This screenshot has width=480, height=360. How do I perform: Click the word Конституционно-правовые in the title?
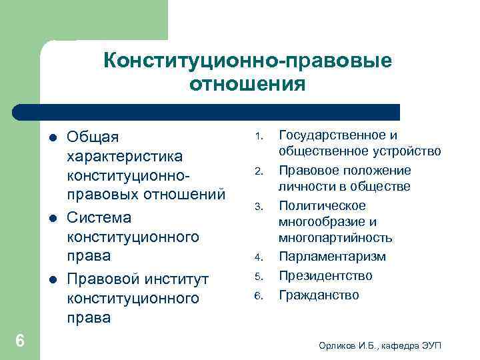coord(247,61)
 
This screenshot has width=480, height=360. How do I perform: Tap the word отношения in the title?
coord(247,85)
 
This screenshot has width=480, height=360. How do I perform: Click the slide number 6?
coord(20,341)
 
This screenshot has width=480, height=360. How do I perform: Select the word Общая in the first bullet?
coord(93,137)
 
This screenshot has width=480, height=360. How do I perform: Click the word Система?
coord(99,217)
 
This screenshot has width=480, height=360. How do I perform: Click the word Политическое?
coord(322,205)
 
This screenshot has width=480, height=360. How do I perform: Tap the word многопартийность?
coord(335,238)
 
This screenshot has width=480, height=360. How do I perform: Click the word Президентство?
coord(326,275)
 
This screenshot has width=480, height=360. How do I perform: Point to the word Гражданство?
coord(319,294)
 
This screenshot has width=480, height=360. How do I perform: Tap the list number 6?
coord(257,295)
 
